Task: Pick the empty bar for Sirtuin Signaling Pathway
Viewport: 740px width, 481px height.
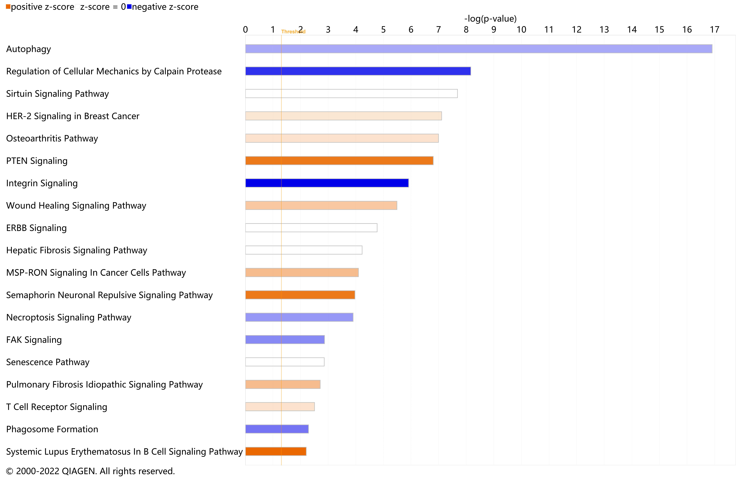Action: click(x=351, y=94)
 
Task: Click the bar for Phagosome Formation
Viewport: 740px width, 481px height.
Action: click(x=277, y=429)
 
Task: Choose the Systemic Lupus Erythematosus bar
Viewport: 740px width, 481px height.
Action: click(x=276, y=451)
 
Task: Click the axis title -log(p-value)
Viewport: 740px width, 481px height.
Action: click(x=490, y=19)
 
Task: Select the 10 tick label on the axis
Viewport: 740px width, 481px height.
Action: click(x=521, y=30)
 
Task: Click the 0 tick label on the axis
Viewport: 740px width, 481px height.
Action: click(x=245, y=30)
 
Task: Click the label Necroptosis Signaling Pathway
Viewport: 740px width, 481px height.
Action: click(x=69, y=317)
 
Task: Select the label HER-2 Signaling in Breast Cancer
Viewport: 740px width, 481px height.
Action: click(x=73, y=116)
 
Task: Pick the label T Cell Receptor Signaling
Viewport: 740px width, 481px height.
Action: click(x=57, y=407)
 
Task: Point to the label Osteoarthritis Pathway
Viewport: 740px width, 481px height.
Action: click(x=52, y=138)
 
